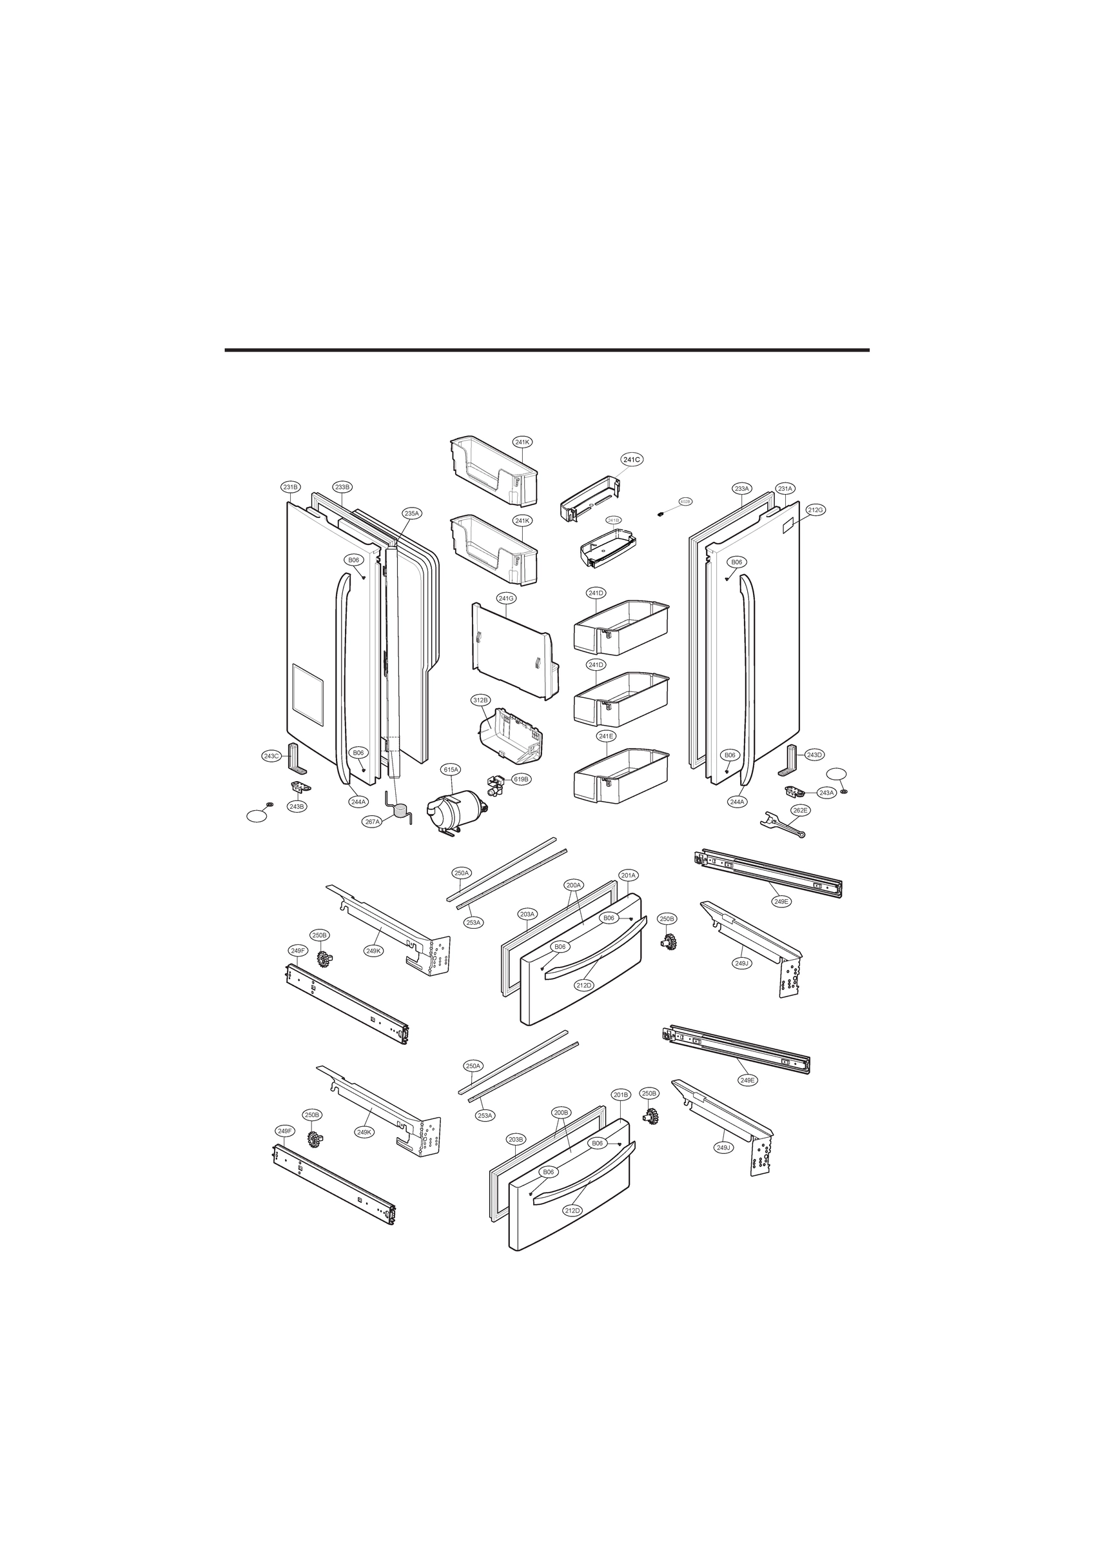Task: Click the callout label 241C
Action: (631, 459)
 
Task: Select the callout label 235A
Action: (412, 513)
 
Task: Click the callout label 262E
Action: (800, 810)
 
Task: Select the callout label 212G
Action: (816, 510)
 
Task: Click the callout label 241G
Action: (506, 598)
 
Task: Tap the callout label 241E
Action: (606, 736)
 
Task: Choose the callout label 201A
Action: (628, 875)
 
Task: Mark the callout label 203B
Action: (516, 1139)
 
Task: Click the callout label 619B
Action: (521, 779)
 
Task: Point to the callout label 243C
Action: (271, 756)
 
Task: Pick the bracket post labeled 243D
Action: (792, 761)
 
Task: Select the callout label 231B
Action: (291, 487)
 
